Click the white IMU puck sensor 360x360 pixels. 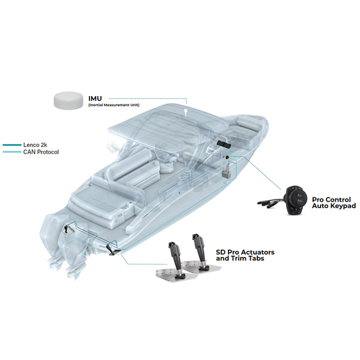[69, 99]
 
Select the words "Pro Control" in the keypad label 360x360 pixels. [331, 199]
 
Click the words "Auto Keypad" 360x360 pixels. [334, 206]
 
